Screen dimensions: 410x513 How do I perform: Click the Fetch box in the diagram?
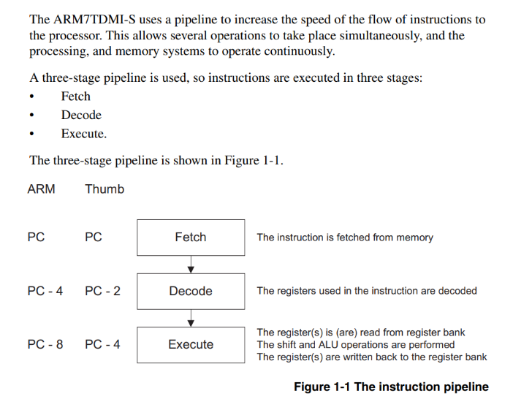pyautogui.click(x=191, y=238)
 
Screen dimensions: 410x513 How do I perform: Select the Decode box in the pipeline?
pyautogui.click(x=191, y=291)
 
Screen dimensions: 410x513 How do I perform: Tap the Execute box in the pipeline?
pyautogui.click(x=191, y=345)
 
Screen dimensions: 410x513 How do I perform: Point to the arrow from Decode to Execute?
pyautogui.click(x=191, y=319)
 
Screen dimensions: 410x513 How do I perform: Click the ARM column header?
pyautogui.click(x=41, y=189)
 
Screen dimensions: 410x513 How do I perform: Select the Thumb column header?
pyautogui.click(x=104, y=189)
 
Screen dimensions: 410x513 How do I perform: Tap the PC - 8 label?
pyautogui.click(x=45, y=344)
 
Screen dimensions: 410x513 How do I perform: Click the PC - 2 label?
pyautogui.click(x=103, y=291)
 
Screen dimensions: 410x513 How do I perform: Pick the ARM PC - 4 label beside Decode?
pyautogui.click(x=45, y=291)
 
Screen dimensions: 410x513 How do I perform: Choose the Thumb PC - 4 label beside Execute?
pyautogui.click(x=103, y=344)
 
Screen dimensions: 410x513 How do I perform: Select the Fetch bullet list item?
pyautogui.click(x=76, y=96)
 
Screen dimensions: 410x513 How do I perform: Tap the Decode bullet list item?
pyautogui.click(x=81, y=115)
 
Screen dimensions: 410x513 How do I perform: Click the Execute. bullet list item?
pyautogui.click(x=84, y=134)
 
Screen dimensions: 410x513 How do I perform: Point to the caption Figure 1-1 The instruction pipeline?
pyautogui.click(x=391, y=387)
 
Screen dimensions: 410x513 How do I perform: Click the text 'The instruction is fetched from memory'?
pyautogui.click(x=345, y=238)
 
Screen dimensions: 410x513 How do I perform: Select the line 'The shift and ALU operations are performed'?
pyautogui.click(x=356, y=344)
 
